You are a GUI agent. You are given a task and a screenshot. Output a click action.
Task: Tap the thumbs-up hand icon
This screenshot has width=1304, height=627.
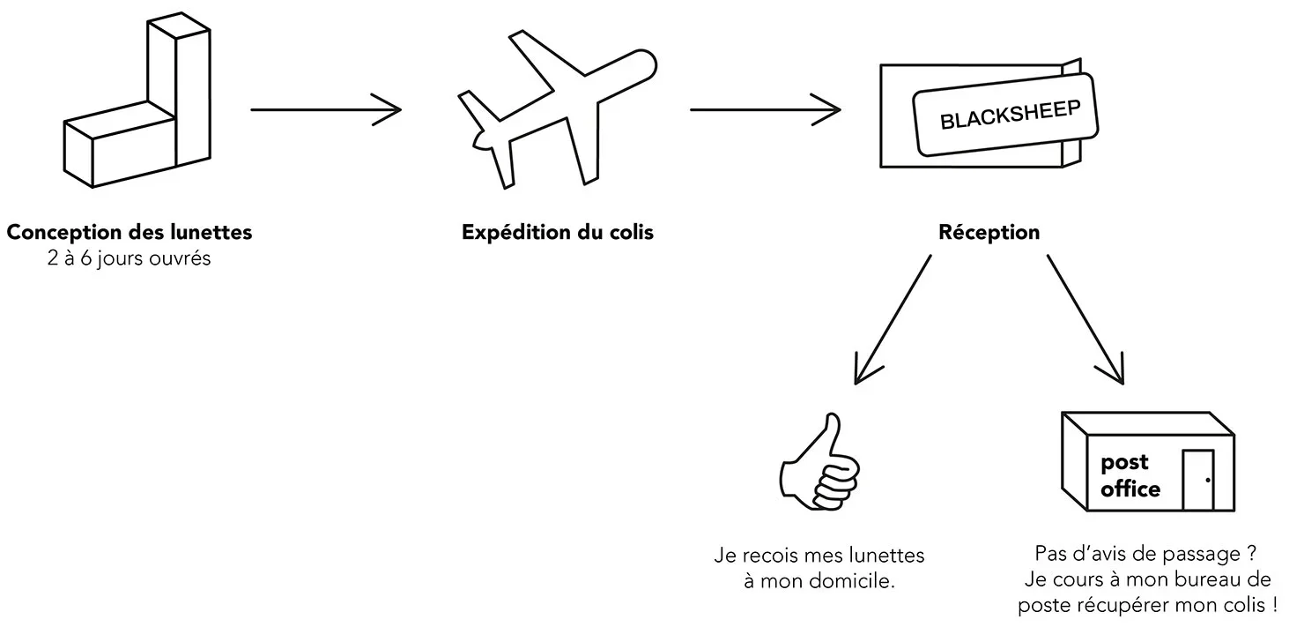pos(819,467)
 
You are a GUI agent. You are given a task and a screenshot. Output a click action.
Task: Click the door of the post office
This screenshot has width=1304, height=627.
pos(1198,480)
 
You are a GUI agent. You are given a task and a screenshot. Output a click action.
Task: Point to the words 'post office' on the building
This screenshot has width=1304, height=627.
pos(1129,475)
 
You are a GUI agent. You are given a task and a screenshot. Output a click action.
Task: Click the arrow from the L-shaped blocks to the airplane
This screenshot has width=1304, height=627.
pos(325,110)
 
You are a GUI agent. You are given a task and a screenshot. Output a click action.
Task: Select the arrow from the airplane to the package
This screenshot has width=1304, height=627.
pos(765,110)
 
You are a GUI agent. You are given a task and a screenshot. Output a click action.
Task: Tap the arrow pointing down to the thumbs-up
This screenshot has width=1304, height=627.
pos(891,320)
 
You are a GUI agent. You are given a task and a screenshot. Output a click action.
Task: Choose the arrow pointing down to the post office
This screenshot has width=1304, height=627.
pos(1085,320)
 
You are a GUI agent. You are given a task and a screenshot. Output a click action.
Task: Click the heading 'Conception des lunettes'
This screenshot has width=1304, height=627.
pos(130,233)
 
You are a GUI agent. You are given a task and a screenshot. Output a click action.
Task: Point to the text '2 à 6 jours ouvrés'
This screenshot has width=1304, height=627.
pos(130,259)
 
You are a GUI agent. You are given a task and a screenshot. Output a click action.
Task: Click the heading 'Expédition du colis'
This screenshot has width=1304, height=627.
pos(558,233)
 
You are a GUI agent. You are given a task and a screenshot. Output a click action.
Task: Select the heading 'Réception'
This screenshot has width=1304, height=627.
pos(989,233)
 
